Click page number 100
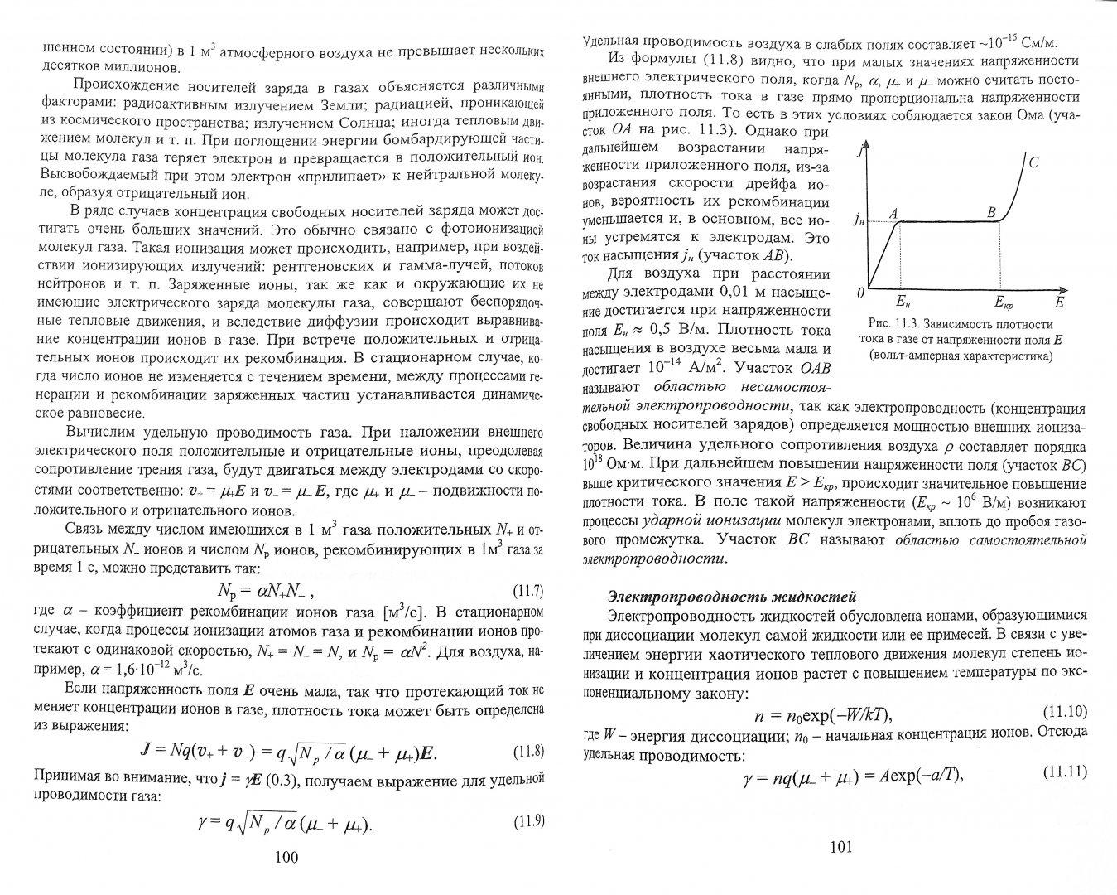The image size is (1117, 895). click(x=285, y=858)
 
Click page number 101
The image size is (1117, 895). click(x=840, y=846)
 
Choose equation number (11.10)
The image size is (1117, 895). click(x=1063, y=712)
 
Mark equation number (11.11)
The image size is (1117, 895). click(x=1063, y=772)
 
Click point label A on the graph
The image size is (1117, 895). click(x=893, y=213)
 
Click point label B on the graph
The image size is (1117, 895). click(x=991, y=212)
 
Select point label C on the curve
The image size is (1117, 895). click(x=1033, y=163)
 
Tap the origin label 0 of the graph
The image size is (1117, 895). click(x=860, y=293)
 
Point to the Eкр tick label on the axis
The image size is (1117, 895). click(x=1004, y=303)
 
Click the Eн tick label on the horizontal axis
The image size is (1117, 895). click(x=903, y=303)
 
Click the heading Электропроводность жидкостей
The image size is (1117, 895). click(x=731, y=596)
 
